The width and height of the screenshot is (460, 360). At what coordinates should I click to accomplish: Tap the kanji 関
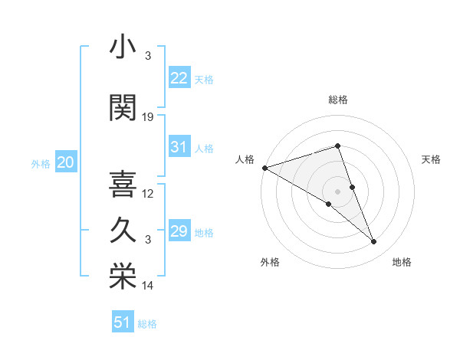123,108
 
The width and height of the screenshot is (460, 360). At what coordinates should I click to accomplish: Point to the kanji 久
123,230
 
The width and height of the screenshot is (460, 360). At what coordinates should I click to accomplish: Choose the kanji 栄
123,276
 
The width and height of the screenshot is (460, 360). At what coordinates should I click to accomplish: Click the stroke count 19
148,117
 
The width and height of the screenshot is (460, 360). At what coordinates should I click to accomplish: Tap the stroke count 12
148,193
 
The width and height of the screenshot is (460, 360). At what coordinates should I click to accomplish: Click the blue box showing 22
179,78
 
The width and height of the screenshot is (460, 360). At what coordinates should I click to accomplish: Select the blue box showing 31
179,147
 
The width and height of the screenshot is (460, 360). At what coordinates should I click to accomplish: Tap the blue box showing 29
179,231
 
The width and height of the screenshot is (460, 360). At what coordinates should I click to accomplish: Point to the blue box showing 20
65,162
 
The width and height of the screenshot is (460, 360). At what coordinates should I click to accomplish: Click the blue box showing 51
122,322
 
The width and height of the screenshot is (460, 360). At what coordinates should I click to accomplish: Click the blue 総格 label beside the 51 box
147,324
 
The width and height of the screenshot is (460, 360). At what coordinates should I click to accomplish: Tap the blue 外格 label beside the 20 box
41,164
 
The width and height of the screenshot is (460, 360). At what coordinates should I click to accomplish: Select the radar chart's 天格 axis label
431,159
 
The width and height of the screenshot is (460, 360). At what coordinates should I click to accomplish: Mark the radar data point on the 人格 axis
264,167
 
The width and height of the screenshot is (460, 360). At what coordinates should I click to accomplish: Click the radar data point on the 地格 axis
374,242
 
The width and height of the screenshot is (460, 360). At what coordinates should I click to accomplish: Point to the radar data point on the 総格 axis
337,146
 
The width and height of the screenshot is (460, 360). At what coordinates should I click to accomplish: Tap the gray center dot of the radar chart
337,191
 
